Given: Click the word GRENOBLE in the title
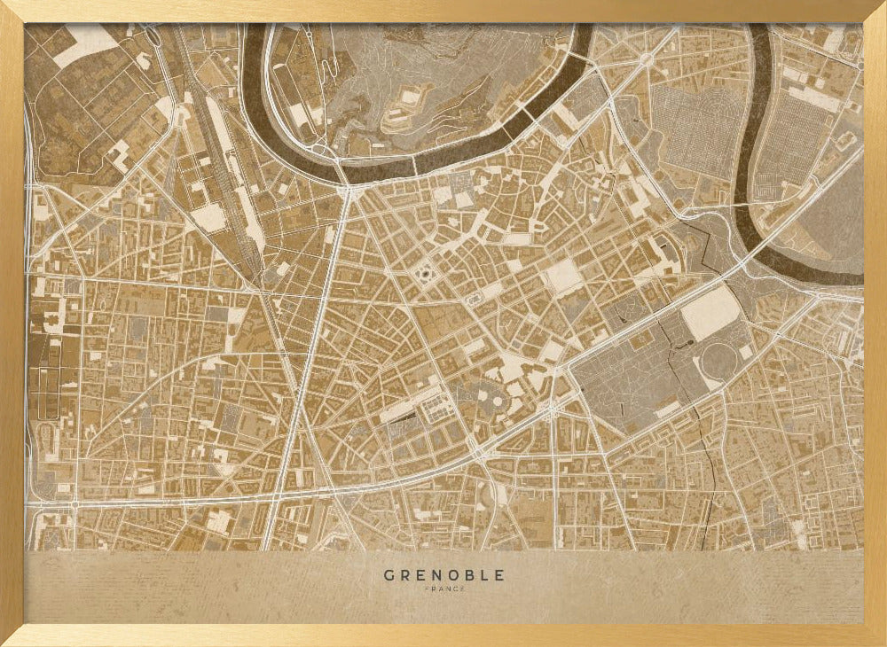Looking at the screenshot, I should [x=443, y=575].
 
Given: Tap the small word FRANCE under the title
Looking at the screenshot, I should [x=443, y=589].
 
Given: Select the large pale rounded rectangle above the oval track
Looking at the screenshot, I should [x=711, y=313].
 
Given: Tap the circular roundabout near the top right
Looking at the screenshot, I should [x=646, y=59].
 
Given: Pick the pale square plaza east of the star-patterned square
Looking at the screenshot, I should [x=562, y=277].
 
